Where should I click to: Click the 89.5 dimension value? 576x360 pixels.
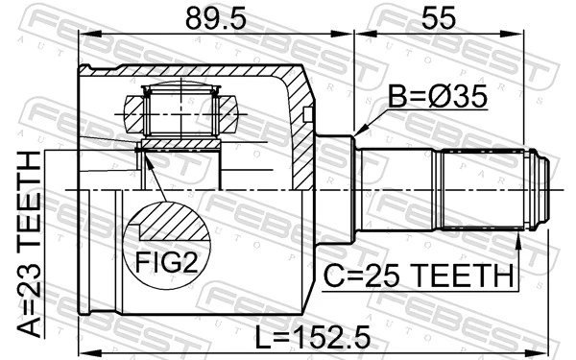(x=217, y=18)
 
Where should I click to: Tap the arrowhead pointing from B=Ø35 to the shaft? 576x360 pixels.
(x=359, y=132)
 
